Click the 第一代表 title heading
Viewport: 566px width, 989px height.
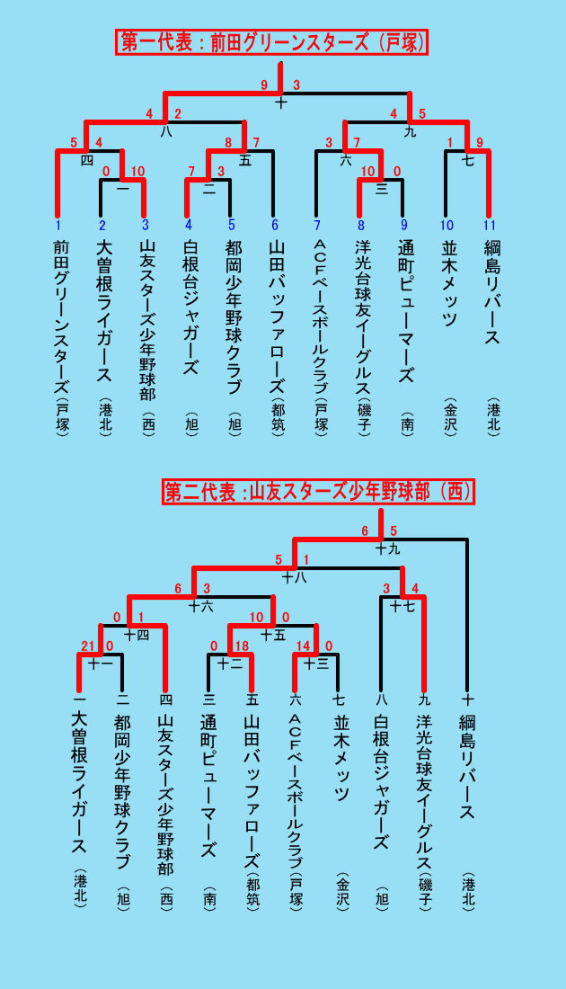(271, 42)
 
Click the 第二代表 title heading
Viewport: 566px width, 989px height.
(319, 491)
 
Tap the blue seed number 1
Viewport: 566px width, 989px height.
(57, 225)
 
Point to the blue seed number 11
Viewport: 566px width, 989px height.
(489, 225)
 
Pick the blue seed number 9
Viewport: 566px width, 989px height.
(402, 225)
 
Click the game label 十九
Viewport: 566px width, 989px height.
(387, 548)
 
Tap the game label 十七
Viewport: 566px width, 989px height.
(402, 607)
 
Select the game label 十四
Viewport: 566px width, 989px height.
(137, 635)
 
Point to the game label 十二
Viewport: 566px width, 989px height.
(229, 664)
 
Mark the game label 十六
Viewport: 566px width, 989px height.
(201, 607)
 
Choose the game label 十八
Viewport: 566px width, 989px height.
(295, 576)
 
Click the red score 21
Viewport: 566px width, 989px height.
(87, 646)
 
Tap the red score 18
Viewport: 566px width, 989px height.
(242, 646)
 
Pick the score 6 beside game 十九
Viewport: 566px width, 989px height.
(365, 531)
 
